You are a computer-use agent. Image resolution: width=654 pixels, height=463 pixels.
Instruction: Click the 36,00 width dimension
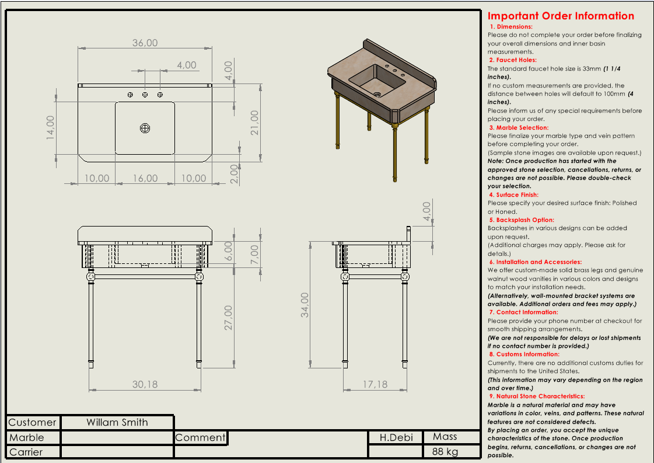pyautogui.click(x=145, y=43)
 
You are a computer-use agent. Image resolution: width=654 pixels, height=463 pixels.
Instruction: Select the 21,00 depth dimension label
pyautogui.click(x=254, y=123)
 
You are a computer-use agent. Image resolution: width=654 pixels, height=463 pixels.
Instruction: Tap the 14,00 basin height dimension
pyautogui.click(x=51, y=126)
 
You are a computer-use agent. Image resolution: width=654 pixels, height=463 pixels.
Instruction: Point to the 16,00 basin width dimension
pyautogui.click(x=145, y=178)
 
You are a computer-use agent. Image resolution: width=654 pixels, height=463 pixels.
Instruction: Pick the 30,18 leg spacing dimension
pyautogui.click(x=145, y=384)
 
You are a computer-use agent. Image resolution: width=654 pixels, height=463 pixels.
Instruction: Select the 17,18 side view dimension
pyautogui.click(x=375, y=384)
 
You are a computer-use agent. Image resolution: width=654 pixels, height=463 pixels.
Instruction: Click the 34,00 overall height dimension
pyautogui.click(x=305, y=305)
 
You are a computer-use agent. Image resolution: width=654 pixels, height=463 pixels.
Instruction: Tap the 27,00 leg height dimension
pyautogui.click(x=228, y=317)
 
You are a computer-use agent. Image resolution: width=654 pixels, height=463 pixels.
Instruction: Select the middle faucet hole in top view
pyautogui.click(x=145, y=95)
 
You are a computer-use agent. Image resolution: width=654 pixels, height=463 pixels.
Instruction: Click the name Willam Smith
pyautogui.click(x=117, y=422)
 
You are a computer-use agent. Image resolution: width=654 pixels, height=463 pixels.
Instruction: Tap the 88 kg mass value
pyautogui.click(x=445, y=451)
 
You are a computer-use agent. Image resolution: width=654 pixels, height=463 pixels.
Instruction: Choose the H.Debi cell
pyautogui.click(x=396, y=437)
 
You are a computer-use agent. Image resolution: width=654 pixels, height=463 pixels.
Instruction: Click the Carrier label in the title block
pyautogui.click(x=26, y=452)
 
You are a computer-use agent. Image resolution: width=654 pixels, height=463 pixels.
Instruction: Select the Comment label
pyautogui.click(x=200, y=437)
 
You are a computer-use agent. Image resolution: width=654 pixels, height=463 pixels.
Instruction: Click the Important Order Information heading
pyautogui.click(x=561, y=16)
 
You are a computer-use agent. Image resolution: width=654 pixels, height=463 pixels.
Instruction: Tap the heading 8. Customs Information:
pyautogui.click(x=524, y=354)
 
